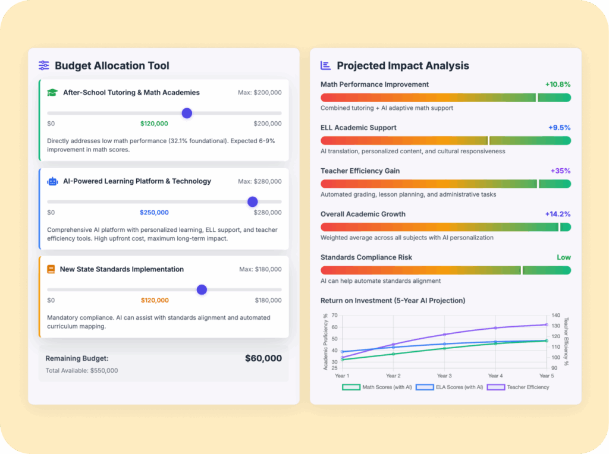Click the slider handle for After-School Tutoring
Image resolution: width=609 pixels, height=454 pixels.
(x=187, y=113)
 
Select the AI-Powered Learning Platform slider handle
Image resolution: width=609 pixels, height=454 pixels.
(x=253, y=201)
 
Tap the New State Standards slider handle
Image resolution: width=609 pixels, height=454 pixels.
(x=202, y=289)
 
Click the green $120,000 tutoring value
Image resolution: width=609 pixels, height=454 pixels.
(x=154, y=124)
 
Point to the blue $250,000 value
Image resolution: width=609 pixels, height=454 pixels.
(x=154, y=212)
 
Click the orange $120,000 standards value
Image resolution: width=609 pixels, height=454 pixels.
(x=155, y=300)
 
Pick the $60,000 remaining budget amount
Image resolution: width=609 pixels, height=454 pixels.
(x=263, y=358)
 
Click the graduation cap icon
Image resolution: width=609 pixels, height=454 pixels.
(x=52, y=93)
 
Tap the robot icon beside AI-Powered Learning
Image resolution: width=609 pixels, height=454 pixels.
(x=52, y=181)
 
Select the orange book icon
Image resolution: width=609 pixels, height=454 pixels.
(x=51, y=269)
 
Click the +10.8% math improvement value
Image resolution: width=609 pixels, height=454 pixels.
(x=558, y=84)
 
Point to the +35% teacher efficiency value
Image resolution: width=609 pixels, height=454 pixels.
(x=561, y=171)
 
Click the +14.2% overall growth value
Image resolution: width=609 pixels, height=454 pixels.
(x=558, y=214)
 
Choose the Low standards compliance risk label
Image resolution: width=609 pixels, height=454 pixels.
(x=564, y=257)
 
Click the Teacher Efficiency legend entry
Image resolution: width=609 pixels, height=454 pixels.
(x=518, y=387)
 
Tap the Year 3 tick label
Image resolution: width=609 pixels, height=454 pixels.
(x=444, y=376)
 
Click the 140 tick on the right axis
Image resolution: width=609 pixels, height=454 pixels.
(x=555, y=316)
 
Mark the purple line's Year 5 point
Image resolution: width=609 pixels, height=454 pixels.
(x=546, y=324)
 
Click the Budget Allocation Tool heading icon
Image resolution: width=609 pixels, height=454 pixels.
(x=44, y=65)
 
